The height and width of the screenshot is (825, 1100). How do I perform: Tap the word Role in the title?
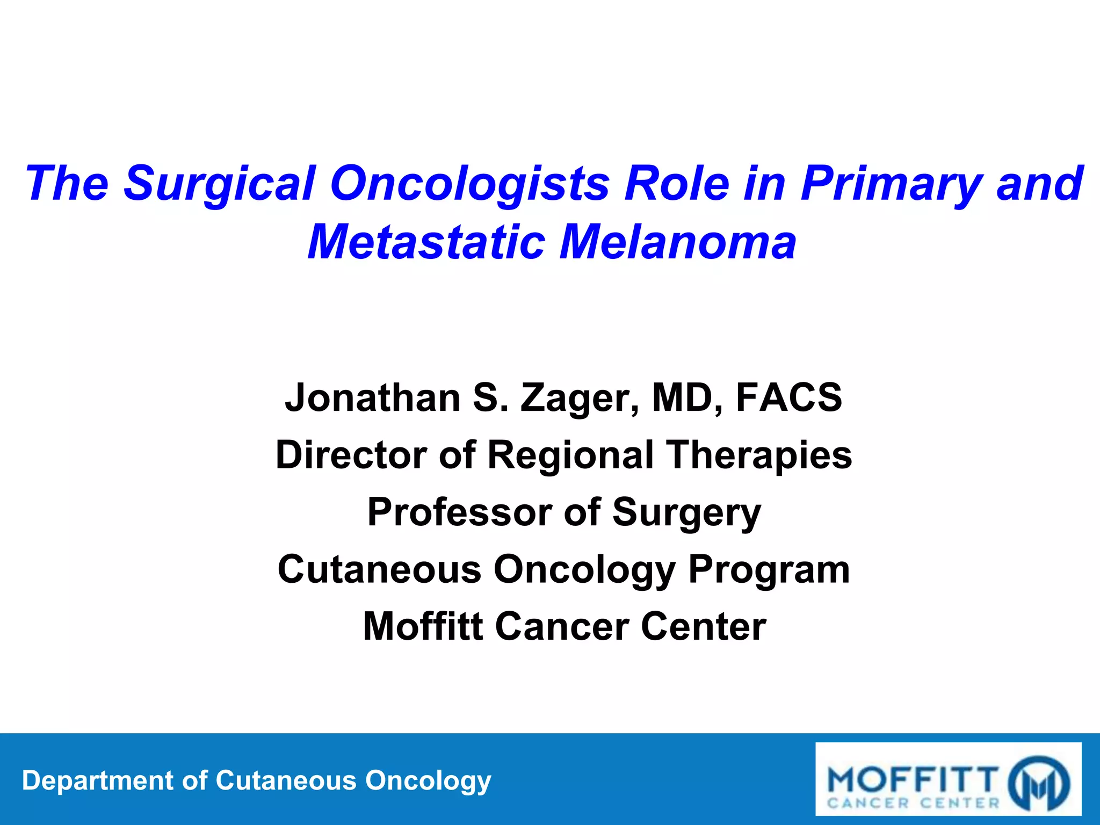tap(676, 184)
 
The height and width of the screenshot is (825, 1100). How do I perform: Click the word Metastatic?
tap(426, 243)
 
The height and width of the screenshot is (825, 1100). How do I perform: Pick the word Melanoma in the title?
tap(678, 243)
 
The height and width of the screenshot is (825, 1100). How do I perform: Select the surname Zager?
tap(580, 398)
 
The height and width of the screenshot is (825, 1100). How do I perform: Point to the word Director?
tap(351, 455)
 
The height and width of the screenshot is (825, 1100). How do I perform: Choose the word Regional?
tap(570, 455)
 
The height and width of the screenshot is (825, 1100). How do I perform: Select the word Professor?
tap(459, 512)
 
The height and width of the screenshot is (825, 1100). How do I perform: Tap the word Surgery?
tap(686, 512)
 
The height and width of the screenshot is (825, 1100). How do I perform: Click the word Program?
tap(769, 569)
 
